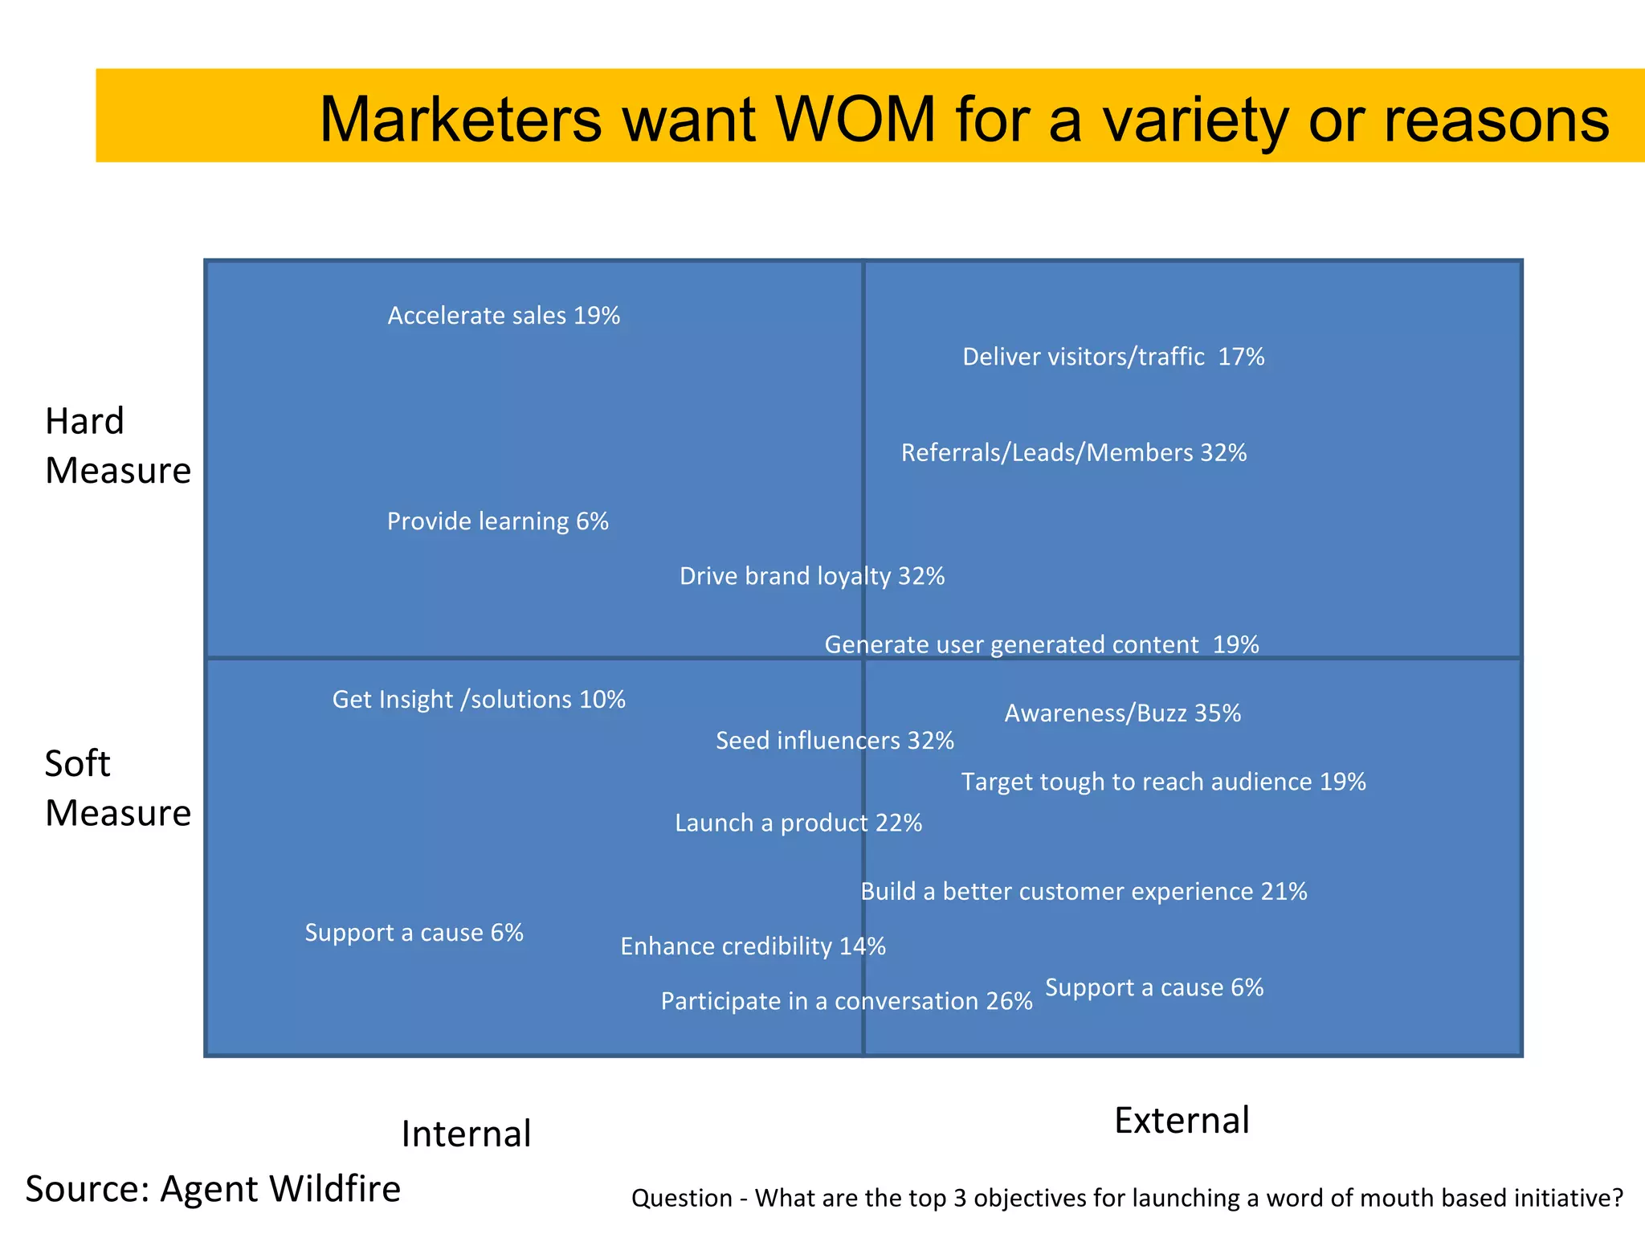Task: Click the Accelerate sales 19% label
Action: coord(504,316)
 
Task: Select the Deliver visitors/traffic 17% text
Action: coord(1113,357)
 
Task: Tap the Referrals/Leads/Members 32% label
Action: coord(1074,453)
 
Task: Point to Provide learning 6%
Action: coord(497,521)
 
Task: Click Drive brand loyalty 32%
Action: coord(811,576)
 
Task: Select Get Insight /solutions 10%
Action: coord(479,700)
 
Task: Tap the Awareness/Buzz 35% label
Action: coord(1122,713)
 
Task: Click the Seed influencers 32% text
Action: coord(835,741)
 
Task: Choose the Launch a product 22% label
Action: coord(798,823)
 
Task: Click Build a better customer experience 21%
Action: coord(1084,892)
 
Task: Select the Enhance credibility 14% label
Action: coord(753,946)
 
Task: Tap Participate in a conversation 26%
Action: coord(846,1001)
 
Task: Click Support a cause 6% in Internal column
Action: coord(414,933)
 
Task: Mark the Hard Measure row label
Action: coord(117,446)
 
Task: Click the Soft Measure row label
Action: coord(117,788)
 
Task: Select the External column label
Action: coord(1182,1121)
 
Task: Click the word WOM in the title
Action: coord(855,119)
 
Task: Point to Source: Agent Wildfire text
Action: coord(213,1189)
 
